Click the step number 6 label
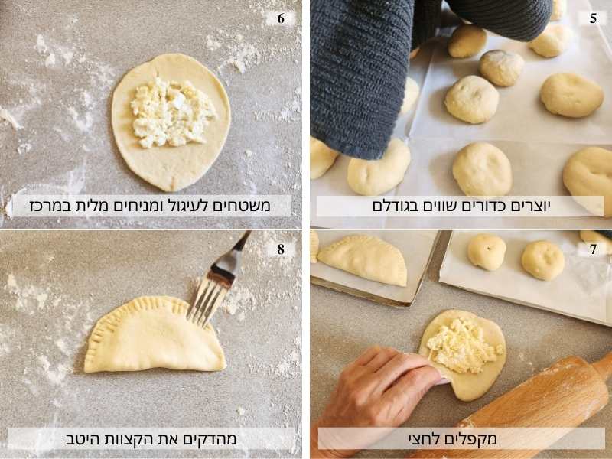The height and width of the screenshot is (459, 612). pyautogui.click(x=281, y=18)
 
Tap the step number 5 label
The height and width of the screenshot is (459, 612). pyautogui.click(x=594, y=18)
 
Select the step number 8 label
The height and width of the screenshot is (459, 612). pyautogui.click(x=281, y=249)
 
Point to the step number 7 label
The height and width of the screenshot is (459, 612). pyautogui.click(x=594, y=249)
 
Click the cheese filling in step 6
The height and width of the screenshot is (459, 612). pyautogui.click(x=171, y=113)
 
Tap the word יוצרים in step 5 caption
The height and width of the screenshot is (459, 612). pyautogui.click(x=531, y=206)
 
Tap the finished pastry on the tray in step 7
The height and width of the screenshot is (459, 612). pyautogui.click(x=362, y=259)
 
